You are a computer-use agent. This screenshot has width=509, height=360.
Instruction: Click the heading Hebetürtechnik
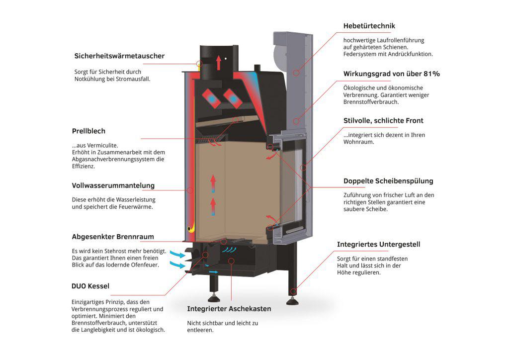tap(369, 26)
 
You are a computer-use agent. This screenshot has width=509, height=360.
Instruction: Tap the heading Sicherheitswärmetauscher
tap(119, 56)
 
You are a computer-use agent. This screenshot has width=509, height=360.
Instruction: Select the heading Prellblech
tap(88, 131)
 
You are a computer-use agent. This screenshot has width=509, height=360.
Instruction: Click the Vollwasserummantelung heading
tap(113, 185)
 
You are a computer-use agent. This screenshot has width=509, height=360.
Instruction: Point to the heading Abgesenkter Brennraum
tap(113, 237)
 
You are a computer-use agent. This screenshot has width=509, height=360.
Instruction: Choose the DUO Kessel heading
tap(90, 286)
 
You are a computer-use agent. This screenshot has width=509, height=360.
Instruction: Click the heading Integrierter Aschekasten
tap(229, 309)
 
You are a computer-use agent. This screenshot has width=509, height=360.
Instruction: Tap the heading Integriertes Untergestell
tap(378, 245)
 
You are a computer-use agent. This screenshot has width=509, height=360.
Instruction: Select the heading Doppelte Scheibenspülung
tap(388, 181)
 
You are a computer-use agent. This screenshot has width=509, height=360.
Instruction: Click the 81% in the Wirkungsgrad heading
tap(432, 74)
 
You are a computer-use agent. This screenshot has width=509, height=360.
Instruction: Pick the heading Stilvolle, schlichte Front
tap(383, 121)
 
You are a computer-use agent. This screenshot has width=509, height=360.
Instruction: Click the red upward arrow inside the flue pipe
tap(219, 62)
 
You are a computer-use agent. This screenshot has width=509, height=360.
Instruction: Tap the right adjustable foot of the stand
tap(292, 301)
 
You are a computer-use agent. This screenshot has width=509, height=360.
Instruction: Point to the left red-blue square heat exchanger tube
tap(211, 98)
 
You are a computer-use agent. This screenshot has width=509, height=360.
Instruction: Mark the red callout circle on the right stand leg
tap(293, 291)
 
